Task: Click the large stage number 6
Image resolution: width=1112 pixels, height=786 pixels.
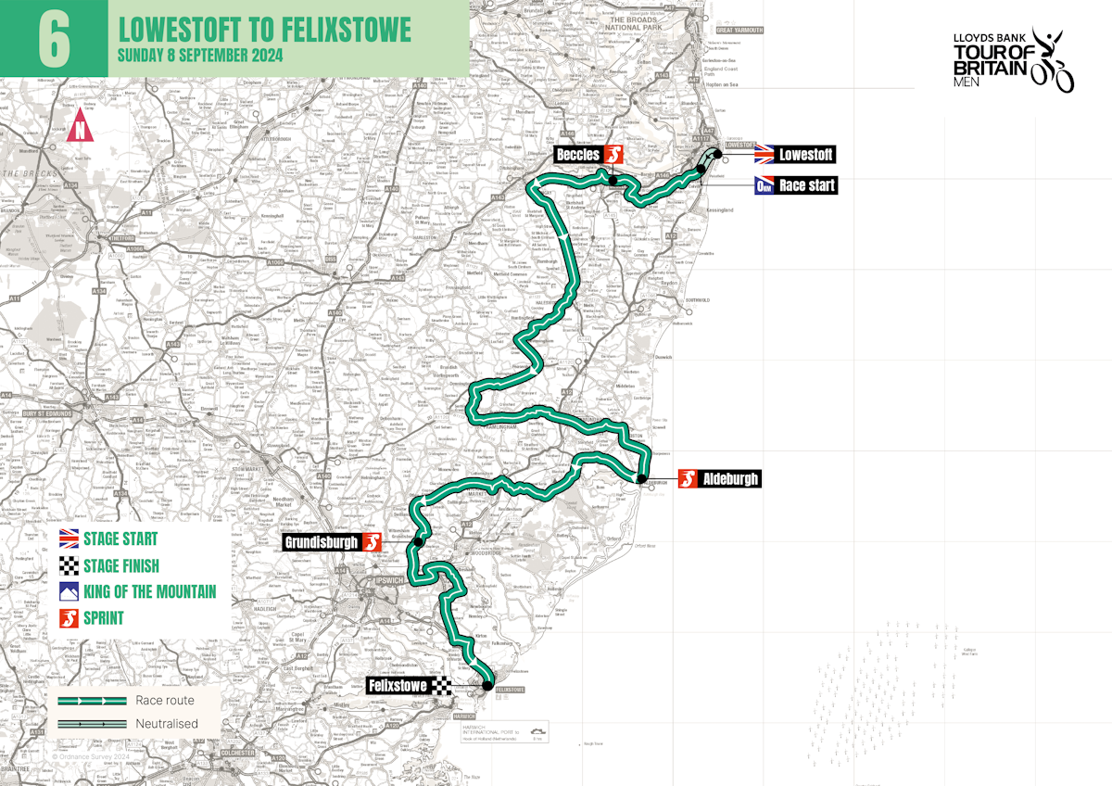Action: coord(54,39)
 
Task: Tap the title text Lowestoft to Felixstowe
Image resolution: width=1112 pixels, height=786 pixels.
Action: coord(264,29)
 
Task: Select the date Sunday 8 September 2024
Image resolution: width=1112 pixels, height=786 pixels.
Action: coord(199,54)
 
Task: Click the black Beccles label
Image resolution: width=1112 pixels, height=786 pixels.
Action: coord(578,154)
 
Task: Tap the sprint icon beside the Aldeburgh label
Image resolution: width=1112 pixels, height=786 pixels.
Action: coord(687,479)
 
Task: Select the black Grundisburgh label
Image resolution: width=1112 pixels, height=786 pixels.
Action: coord(322,542)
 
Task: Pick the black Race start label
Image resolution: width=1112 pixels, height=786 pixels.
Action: coord(807,185)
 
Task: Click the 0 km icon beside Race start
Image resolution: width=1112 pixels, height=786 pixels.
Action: coord(764,185)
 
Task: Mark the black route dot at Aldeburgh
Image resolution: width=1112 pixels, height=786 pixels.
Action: coord(640,478)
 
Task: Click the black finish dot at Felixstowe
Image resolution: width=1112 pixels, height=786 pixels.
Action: coord(486,686)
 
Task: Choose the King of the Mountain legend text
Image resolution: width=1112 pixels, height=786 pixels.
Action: coord(150,591)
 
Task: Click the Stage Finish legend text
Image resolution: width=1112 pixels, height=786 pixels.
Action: coord(121,565)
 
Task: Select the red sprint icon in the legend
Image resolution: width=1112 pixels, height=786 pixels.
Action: coord(69,617)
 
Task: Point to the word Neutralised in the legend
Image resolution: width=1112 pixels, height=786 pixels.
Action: coord(167,724)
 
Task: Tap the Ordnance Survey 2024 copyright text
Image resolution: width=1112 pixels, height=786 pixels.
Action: coord(93,756)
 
